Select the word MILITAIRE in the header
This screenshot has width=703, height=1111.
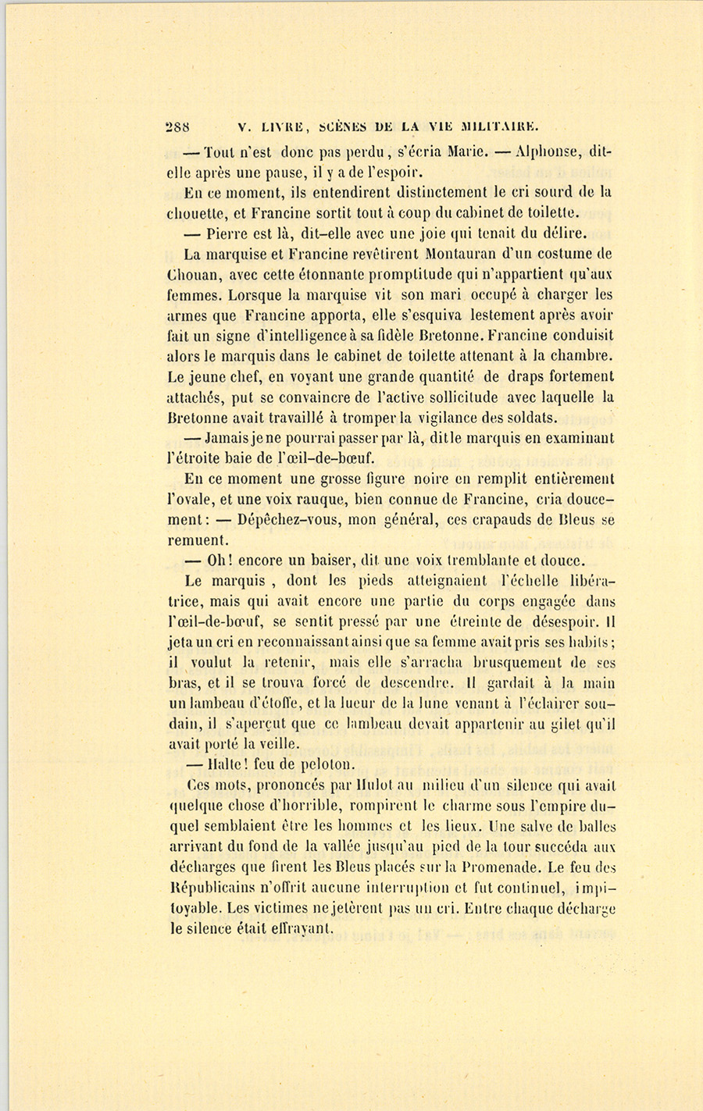pos(500,126)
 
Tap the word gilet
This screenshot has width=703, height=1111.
pos(562,724)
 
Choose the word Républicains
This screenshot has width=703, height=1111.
pos(216,888)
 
